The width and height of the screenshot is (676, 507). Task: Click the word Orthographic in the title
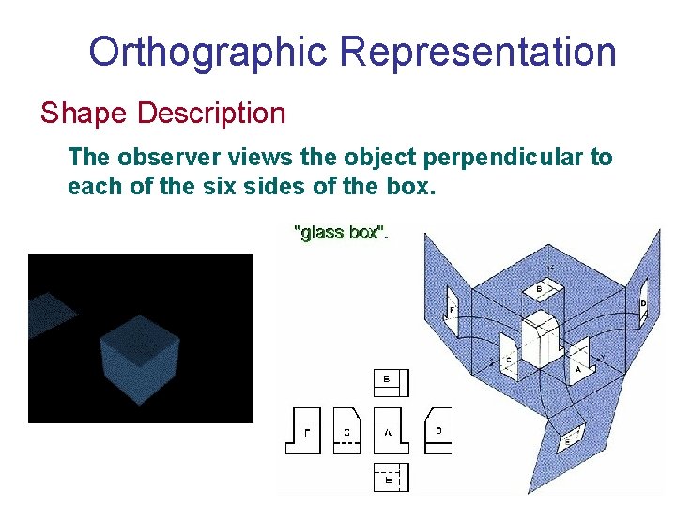pos(208,52)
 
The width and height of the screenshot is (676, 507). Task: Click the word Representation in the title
pos(478,52)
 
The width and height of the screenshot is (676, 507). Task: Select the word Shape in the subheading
pos(84,114)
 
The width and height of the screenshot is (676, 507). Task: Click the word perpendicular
pos(487,157)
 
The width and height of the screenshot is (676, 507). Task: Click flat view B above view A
pos(392,383)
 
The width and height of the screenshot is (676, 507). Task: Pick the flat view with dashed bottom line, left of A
pos(346,431)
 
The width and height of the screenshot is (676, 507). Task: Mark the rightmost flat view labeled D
pos(438,431)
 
